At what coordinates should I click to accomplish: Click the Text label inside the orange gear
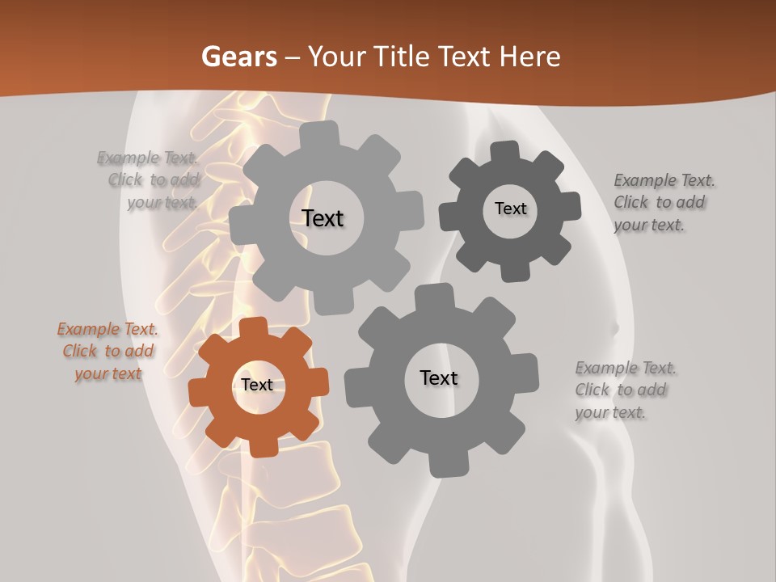click(257, 386)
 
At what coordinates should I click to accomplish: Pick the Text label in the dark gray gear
click(510, 209)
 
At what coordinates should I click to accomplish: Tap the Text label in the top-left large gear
click(323, 218)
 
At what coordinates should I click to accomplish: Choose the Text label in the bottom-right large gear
click(439, 378)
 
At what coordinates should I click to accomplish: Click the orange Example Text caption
click(108, 352)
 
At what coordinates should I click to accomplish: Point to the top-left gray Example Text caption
click(149, 179)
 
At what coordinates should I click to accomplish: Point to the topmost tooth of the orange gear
click(253, 326)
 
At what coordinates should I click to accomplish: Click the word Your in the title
click(339, 57)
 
